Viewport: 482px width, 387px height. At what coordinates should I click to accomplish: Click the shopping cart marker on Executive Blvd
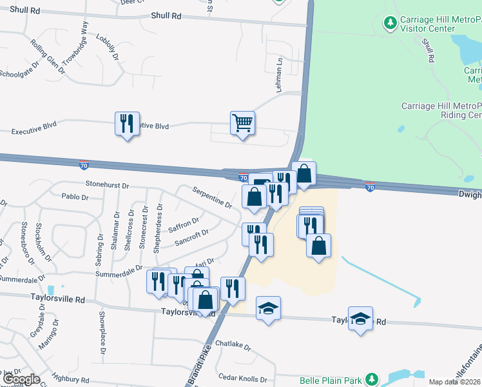[x=242, y=122]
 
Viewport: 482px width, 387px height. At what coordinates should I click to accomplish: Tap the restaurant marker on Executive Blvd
[x=126, y=123]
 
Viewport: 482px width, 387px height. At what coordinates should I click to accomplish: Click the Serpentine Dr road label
[x=213, y=197]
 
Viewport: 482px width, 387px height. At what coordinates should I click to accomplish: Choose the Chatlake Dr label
[x=233, y=346]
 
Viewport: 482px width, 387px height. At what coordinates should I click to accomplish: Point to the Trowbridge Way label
[x=75, y=43]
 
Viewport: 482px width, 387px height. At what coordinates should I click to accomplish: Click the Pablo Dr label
[x=74, y=196]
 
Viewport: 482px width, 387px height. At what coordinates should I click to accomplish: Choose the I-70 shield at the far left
[x=84, y=165]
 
